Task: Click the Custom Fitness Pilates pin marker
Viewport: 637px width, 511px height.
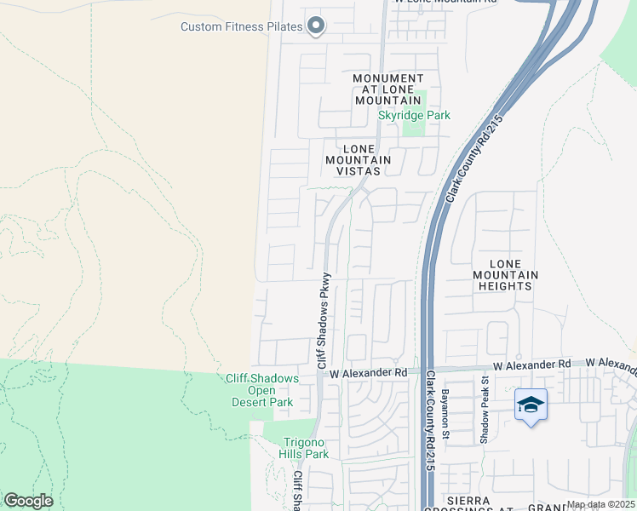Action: pyautogui.click(x=316, y=26)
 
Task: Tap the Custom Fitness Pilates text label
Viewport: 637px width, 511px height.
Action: pyautogui.click(x=241, y=26)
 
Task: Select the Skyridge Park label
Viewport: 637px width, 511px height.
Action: pyautogui.click(x=414, y=115)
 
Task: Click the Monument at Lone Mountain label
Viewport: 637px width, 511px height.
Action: pyautogui.click(x=387, y=89)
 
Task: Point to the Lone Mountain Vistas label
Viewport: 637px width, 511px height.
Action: pyautogui.click(x=358, y=159)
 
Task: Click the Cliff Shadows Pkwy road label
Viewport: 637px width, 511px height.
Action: pyautogui.click(x=323, y=320)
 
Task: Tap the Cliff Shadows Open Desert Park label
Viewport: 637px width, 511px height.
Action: pyautogui.click(x=262, y=391)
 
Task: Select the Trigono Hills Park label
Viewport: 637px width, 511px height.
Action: pyautogui.click(x=306, y=448)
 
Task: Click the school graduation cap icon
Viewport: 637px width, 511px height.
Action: pyautogui.click(x=531, y=405)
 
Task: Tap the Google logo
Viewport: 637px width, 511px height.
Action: pyautogui.click(x=28, y=501)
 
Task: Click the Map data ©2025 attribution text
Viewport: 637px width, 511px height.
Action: pyautogui.click(x=600, y=504)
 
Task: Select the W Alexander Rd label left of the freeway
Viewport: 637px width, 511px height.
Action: pyautogui.click(x=369, y=373)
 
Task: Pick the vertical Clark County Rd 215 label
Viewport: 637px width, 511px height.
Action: pyautogui.click(x=429, y=421)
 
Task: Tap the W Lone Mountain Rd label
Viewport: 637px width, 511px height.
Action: pyautogui.click(x=443, y=3)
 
